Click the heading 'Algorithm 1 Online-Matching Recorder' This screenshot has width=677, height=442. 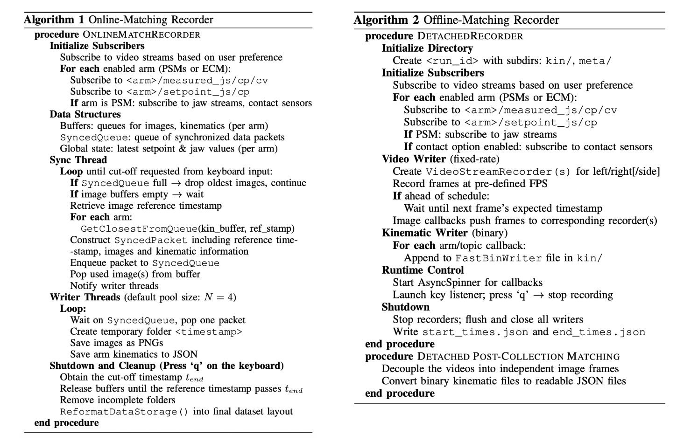(x=119, y=20)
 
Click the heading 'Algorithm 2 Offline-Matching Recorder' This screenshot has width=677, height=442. (x=456, y=20)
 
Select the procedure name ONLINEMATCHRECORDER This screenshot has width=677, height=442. (x=141, y=35)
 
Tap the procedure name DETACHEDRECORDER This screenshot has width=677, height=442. (x=470, y=36)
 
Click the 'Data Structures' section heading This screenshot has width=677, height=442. (x=85, y=114)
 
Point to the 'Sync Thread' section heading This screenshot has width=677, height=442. (x=78, y=160)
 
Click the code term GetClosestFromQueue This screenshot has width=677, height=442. (x=139, y=228)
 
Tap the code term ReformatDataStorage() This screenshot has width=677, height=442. (x=124, y=412)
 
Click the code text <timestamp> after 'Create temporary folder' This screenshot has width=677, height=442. (x=209, y=331)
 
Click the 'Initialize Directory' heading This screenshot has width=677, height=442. (x=427, y=48)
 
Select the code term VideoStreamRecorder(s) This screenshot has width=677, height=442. (x=499, y=172)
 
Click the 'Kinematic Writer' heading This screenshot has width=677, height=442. (x=424, y=233)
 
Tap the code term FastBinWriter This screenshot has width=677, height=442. (x=499, y=258)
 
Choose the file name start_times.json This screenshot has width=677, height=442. (x=475, y=332)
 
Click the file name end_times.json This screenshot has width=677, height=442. (x=599, y=332)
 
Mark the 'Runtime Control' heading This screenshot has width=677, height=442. (x=423, y=270)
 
